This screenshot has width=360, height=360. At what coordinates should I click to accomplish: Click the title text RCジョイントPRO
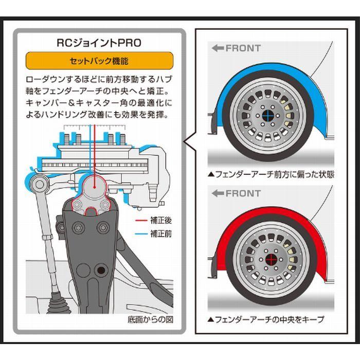coord(99,43)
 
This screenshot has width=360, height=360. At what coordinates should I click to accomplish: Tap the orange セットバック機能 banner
coord(99,61)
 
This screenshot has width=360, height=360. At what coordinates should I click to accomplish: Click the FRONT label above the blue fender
coord(236,48)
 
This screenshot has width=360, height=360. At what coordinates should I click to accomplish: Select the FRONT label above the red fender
coord(236,193)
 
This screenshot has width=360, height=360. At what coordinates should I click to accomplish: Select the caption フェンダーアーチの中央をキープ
coord(266,319)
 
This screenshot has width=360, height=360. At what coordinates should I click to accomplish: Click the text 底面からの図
coord(150,319)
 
